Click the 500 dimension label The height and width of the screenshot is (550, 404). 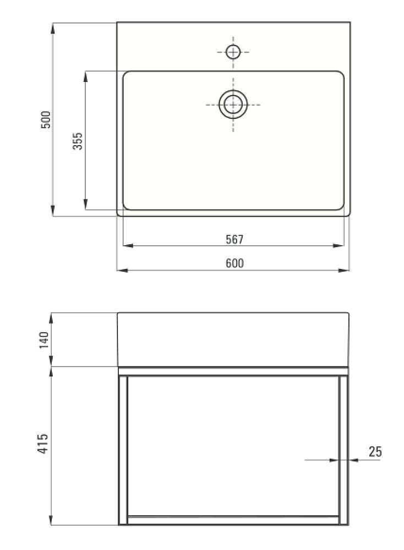(46, 119)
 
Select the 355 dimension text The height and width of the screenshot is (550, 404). (78, 141)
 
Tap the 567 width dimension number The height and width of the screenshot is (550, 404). (234, 239)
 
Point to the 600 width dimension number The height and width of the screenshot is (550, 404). (234, 263)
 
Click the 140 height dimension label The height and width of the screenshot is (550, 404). (44, 340)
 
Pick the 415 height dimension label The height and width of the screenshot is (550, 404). (43, 444)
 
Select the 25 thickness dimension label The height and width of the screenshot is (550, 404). (375, 452)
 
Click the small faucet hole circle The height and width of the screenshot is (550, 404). (233, 52)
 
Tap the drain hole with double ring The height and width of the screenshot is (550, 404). (233, 105)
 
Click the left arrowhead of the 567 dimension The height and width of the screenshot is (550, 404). (128, 245)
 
